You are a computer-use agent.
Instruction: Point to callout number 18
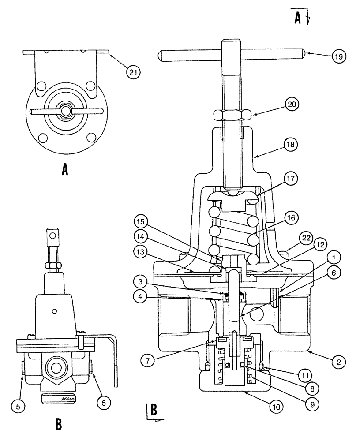(x=292, y=144)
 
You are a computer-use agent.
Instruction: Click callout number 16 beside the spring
(x=291, y=217)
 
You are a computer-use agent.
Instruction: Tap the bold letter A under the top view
(x=65, y=169)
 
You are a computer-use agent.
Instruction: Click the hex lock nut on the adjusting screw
(x=233, y=115)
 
